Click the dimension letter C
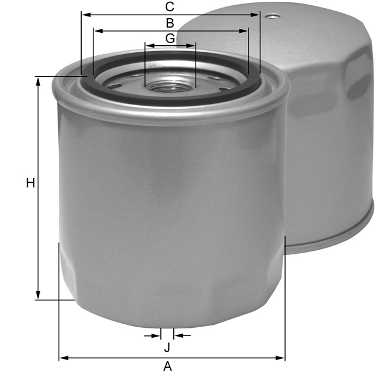[170, 6]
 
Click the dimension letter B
[170, 23]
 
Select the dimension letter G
[170, 38]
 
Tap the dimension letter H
[31, 183]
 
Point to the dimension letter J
[167, 347]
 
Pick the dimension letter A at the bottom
[167, 367]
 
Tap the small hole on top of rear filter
[271, 16]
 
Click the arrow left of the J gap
[157, 335]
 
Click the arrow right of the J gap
[177, 335]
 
